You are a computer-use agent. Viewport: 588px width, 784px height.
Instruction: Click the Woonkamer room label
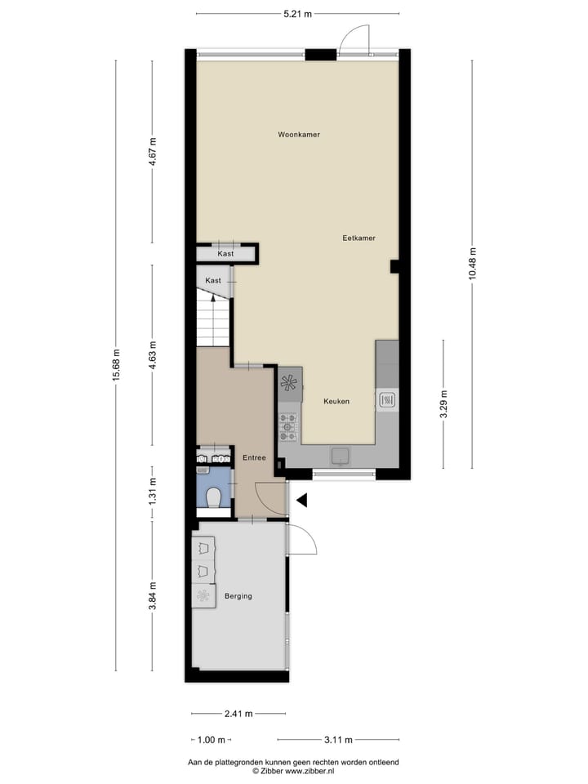click(298, 134)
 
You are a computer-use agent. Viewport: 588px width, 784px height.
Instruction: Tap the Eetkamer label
click(359, 238)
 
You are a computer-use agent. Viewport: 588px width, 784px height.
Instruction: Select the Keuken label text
click(336, 401)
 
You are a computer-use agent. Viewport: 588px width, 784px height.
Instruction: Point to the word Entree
click(255, 458)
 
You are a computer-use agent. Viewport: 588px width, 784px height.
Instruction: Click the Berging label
click(238, 596)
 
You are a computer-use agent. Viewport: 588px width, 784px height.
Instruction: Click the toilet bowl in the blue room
click(213, 497)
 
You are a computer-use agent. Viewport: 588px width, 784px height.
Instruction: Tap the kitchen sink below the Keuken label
click(340, 455)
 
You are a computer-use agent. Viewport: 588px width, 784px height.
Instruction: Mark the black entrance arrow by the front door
click(301, 500)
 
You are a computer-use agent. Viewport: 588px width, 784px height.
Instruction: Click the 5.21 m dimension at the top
click(297, 14)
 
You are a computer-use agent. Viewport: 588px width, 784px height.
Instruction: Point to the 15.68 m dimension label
click(117, 365)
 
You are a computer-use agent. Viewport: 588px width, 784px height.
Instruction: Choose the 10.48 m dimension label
click(471, 263)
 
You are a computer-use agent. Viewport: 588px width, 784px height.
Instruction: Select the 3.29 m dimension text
click(443, 404)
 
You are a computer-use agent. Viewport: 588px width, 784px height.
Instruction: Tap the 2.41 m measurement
click(238, 713)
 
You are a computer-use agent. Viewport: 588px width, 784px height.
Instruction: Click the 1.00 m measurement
click(212, 740)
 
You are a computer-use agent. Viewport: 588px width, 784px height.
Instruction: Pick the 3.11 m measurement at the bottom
click(337, 740)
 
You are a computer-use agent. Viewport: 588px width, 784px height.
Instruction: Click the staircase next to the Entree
click(214, 320)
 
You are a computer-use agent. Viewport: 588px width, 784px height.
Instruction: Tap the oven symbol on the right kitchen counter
click(387, 400)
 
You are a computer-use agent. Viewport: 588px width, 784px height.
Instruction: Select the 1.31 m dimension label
click(152, 492)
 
